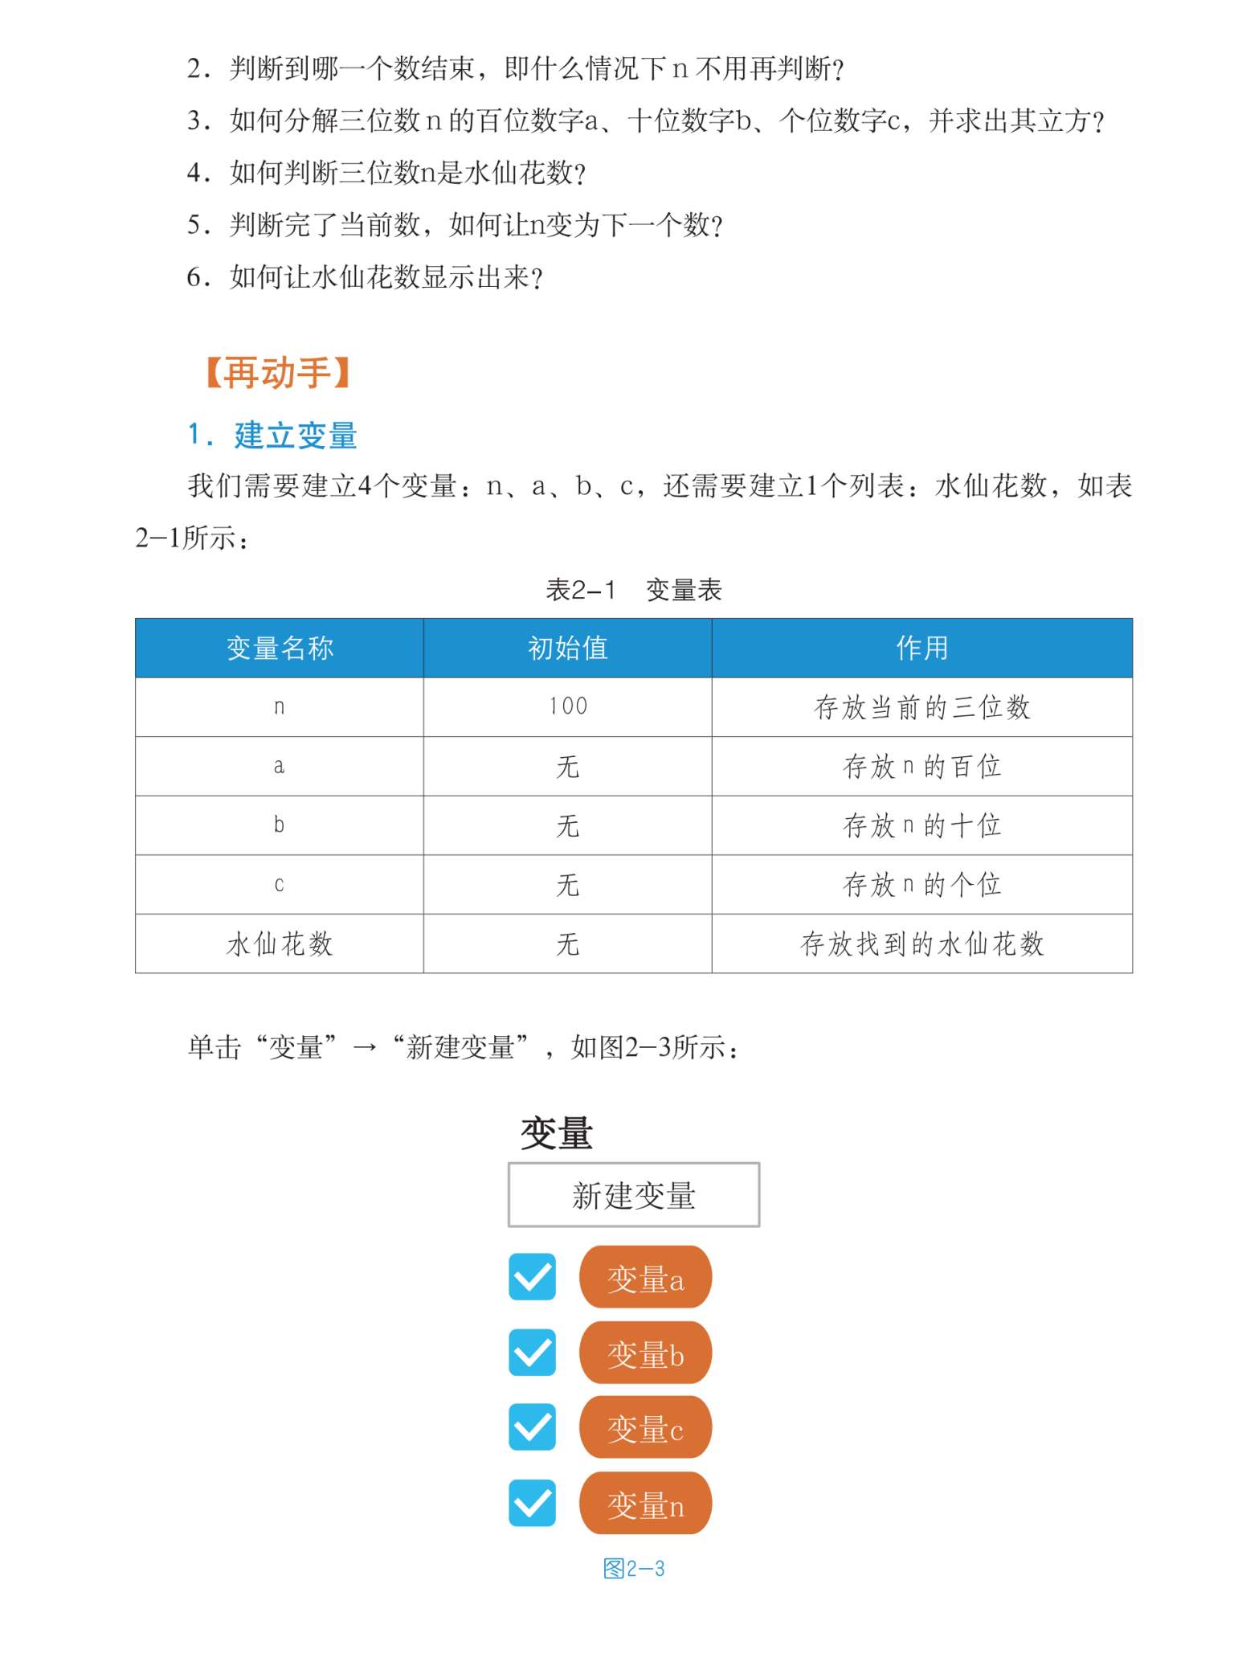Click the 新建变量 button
[633, 1194]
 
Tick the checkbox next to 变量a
[532, 1277]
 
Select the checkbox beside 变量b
[532, 1352]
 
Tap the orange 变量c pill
[645, 1427]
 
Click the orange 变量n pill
[645, 1503]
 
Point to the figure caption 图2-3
[634, 1568]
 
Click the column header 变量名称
[280, 648]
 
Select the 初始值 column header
[567, 648]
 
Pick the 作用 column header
[921, 648]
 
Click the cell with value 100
[567, 706]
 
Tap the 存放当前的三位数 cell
[921, 707]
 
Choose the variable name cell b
[279, 825]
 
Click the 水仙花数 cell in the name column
[280, 944]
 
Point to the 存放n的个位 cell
[921, 885]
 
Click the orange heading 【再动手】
[278, 374]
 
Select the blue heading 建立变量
[295, 436]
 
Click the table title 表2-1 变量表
[633, 590]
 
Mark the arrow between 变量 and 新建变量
[364, 1048]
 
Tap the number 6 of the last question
[194, 277]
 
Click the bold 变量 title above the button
[556, 1133]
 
